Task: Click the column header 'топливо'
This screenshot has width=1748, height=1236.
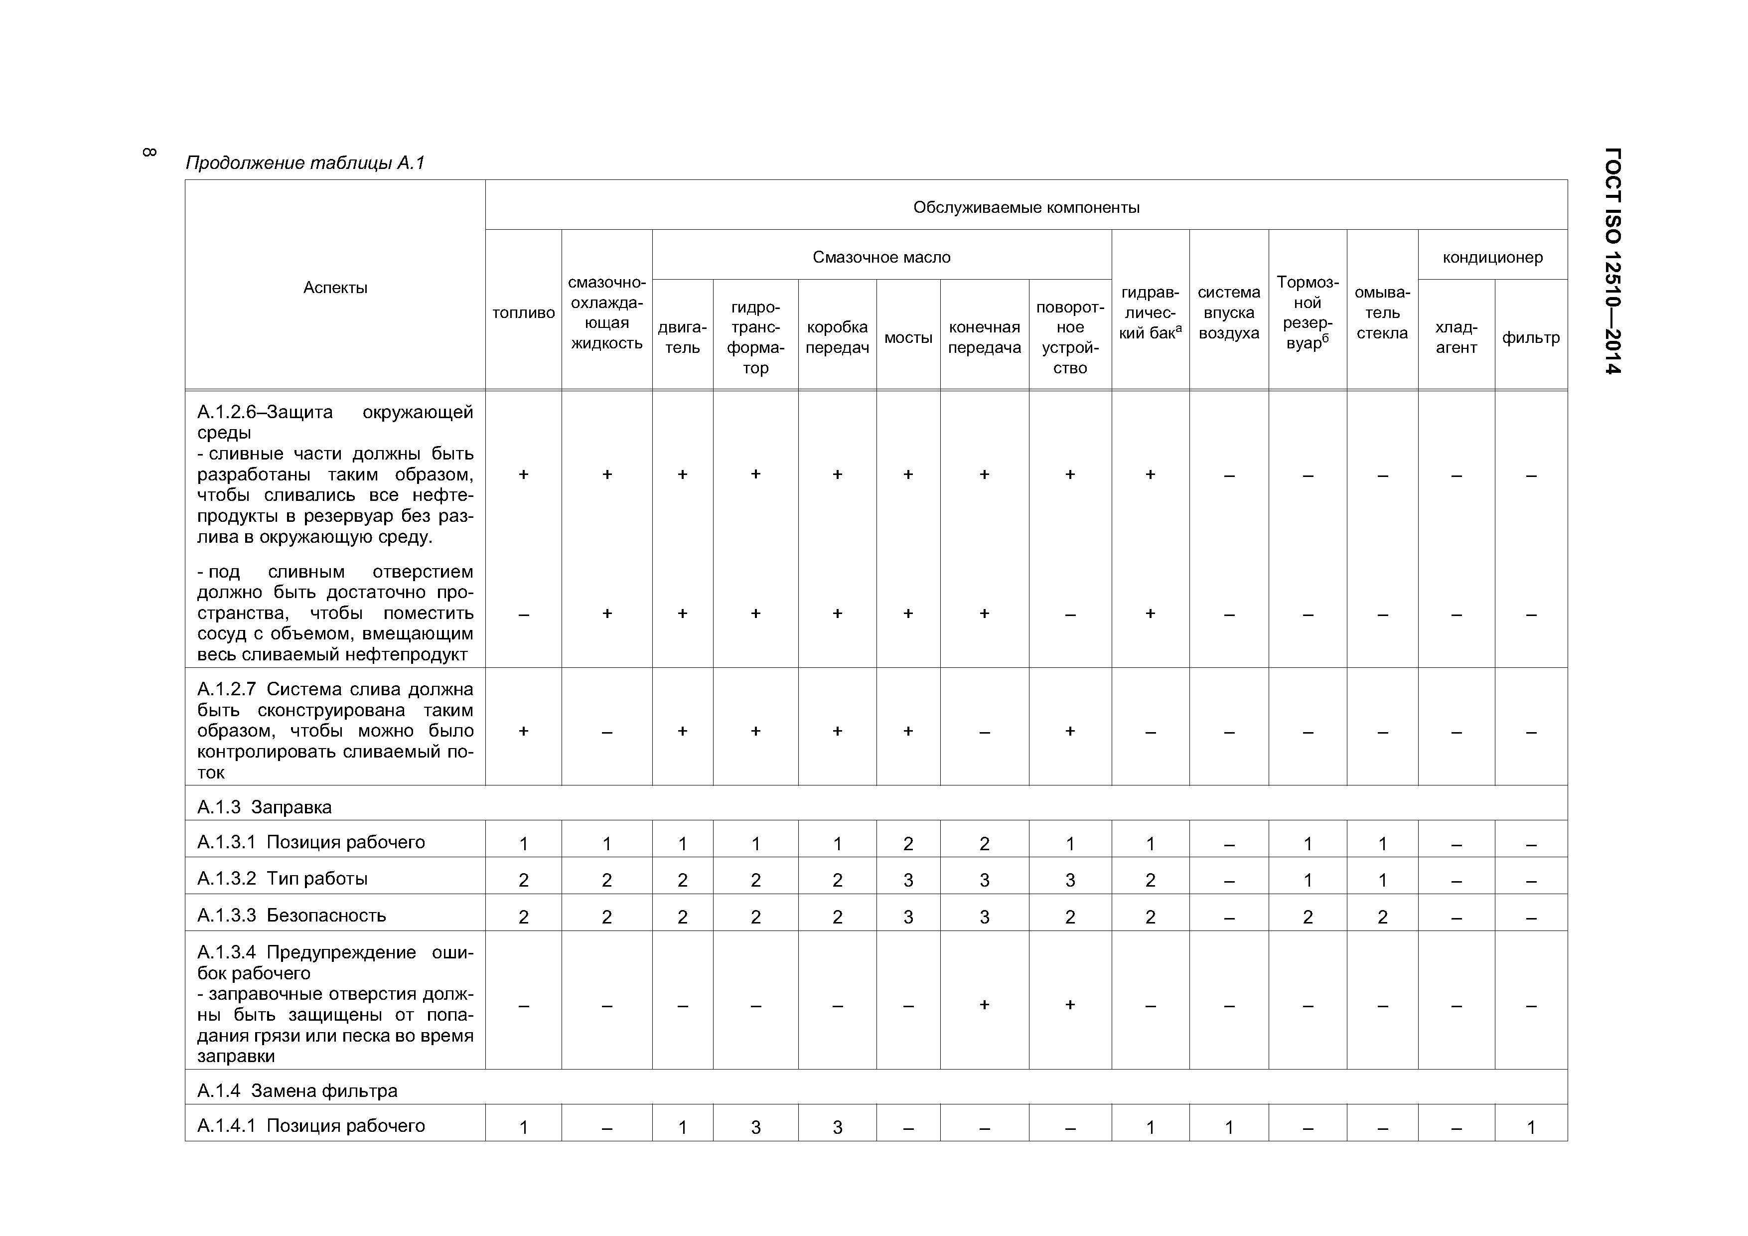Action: [523, 313]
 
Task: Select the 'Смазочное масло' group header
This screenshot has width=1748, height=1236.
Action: [881, 257]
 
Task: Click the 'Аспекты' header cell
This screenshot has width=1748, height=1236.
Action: [335, 287]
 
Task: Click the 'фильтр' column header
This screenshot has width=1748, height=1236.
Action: [1530, 337]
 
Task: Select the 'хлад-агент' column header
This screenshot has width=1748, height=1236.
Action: [1456, 337]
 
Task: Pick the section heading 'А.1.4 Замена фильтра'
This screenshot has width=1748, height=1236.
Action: [297, 1090]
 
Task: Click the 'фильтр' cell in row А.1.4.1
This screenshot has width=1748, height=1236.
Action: [1530, 1126]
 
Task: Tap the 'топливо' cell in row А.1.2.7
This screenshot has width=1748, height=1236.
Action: [523, 730]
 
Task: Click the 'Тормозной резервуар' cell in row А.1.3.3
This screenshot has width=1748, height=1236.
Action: [1307, 916]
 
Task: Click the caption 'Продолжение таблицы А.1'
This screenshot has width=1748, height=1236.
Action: [304, 162]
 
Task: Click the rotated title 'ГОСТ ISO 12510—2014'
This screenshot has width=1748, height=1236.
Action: [1612, 261]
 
